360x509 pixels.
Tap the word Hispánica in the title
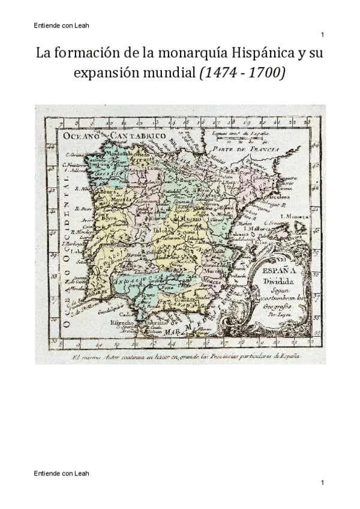(x=267, y=53)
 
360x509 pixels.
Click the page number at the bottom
(x=322, y=483)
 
